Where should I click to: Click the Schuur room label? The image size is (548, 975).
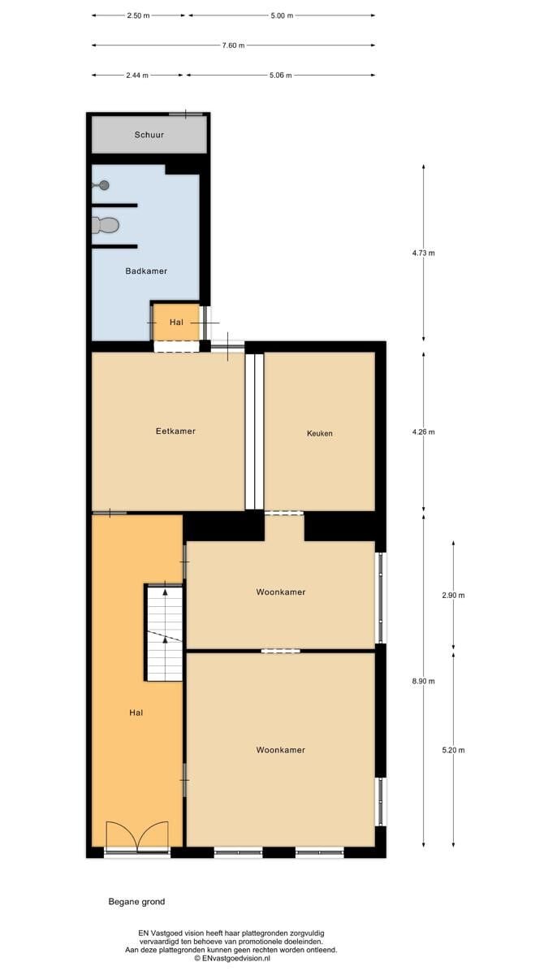pyautogui.click(x=149, y=135)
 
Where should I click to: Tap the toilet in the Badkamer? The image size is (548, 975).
pyautogui.click(x=106, y=225)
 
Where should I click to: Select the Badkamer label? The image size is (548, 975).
pyautogui.click(x=146, y=271)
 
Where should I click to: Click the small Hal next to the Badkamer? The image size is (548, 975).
pyautogui.click(x=176, y=323)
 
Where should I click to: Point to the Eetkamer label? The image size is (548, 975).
pyautogui.click(x=175, y=431)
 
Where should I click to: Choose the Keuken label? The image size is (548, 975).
pyautogui.click(x=320, y=434)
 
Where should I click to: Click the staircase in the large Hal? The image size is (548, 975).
pyautogui.click(x=164, y=633)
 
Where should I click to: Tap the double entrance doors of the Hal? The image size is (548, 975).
pyautogui.click(x=137, y=836)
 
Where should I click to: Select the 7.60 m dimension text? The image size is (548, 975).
pyautogui.click(x=233, y=45)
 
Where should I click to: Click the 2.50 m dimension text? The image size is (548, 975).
pyautogui.click(x=138, y=15)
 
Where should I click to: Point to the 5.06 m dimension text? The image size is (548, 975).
pyautogui.click(x=281, y=76)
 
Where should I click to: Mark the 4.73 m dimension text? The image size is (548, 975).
pyautogui.click(x=424, y=253)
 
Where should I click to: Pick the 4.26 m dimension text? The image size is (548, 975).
pyautogui.click(x=424, y=432)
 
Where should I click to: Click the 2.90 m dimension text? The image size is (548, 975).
pyautogui.click(x=453, y=596)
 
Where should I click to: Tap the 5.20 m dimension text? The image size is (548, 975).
pyautogui.click(x=453, y=750)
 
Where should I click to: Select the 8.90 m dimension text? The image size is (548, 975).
pyautogui.click(x=424, y=681)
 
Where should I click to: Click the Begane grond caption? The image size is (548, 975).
pyautogui.click(x=136, y=902)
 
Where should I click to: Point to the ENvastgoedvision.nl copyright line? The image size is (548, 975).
pyautogui.click(x=232, y=958)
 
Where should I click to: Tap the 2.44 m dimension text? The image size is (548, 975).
pyautogui.click(x=137, y=76)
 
